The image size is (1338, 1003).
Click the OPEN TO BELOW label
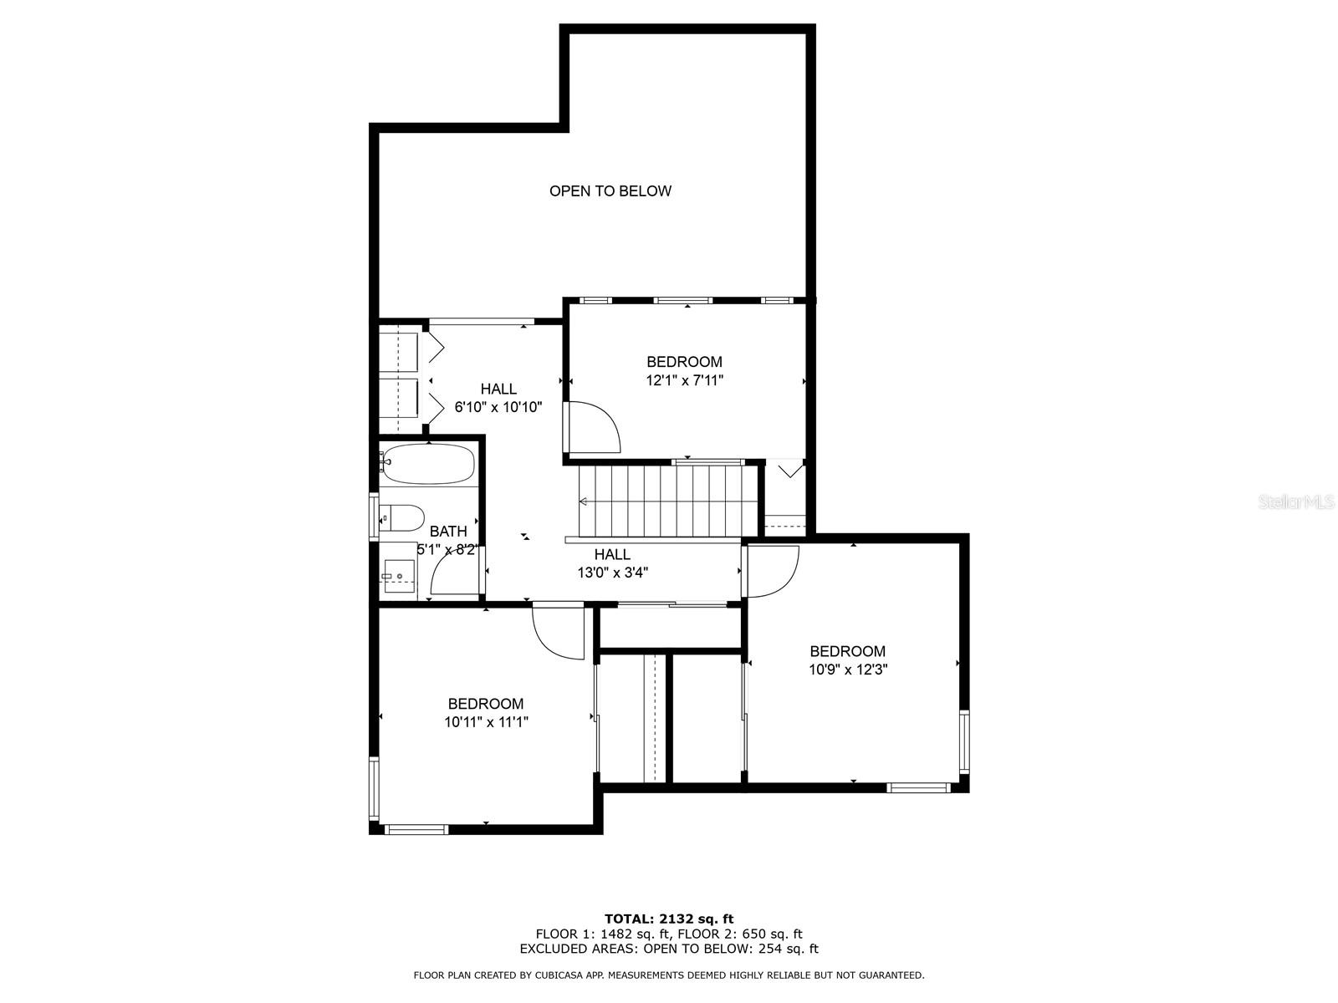tap(610, 191)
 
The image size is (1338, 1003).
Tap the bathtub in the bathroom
tap(426, 464)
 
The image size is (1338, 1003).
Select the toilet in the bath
tap(401, 518)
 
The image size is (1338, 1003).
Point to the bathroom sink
tap(398, 576)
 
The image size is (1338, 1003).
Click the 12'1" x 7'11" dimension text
tap(684, 380)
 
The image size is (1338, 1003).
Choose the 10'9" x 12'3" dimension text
tap(847, 670)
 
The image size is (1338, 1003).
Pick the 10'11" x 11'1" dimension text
tap(486, 723)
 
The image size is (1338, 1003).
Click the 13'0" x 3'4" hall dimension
tap(613, 573)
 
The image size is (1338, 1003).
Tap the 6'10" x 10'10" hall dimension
tap(498, 407)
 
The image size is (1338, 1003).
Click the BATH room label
tap(448, 532)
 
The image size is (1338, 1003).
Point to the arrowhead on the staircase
tap(583, 501)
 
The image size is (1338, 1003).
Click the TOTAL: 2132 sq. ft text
tap(669, 919)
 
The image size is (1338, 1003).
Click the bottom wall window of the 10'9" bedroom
tap(918, 788)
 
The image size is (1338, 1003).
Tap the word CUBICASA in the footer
tap(561, 975)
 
